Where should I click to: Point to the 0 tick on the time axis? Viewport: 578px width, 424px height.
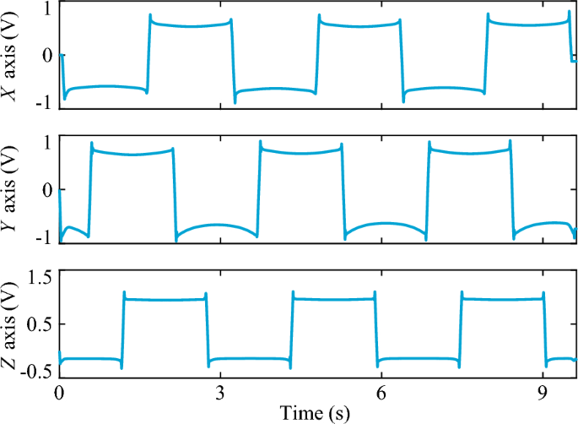(x=59, y=394)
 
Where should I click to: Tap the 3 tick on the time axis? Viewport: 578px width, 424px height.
(x=220, y=394)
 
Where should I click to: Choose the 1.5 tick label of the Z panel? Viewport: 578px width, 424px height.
(x=41, y=275)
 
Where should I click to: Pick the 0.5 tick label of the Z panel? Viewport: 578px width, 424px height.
(x=41, y=323)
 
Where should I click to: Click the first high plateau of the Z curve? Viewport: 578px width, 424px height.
(x=165, y=299)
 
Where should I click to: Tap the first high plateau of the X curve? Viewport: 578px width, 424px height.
(x=191, y=25)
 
